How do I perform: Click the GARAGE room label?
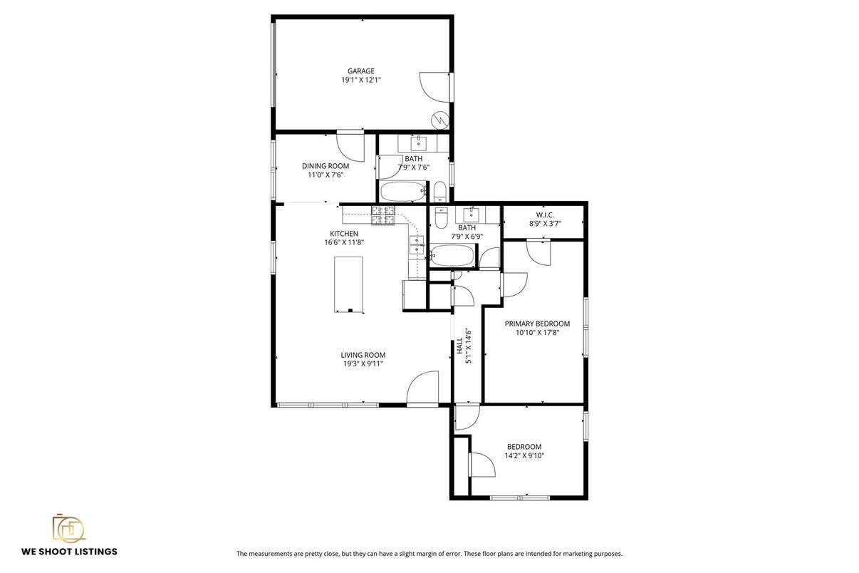click(x=360, y=71)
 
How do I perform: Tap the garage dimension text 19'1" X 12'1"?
click(x=360, y=81)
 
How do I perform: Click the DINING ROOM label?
click(x=326, y=166)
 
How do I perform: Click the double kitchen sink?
click(x=416, y=244)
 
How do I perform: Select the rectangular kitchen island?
click(x=348, y=284)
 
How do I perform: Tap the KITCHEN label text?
click(x=344, y=233)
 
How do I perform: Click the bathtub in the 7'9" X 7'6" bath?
click(x=402, y=191)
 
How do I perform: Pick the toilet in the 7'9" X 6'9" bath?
click(x=440, y=215)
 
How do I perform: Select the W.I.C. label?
click(x=545, y=215)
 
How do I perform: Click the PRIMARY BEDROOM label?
click(x=537, y=323)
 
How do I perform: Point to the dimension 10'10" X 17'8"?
click(x=537, y=332)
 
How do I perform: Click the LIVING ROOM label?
click(x=363, y=354)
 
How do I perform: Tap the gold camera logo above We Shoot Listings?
click(x=68, y=528)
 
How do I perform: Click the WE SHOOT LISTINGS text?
click(x=69, y=551)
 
